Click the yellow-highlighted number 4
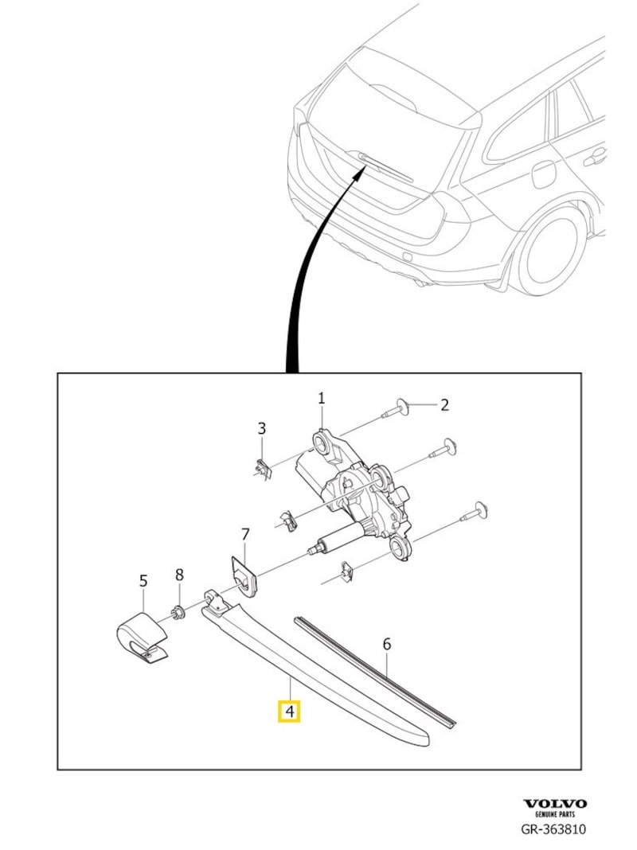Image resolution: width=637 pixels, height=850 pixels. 288,710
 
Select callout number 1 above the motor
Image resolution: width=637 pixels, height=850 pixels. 322,398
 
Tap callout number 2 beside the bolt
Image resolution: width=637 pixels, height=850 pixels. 444,405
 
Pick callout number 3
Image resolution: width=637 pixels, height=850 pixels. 261,430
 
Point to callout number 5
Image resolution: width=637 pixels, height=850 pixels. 143,581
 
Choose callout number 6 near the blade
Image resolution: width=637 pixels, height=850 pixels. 387,644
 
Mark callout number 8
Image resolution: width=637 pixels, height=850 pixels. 179,574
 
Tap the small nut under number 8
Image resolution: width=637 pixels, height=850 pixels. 179,611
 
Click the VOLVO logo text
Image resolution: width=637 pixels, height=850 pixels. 554,804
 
